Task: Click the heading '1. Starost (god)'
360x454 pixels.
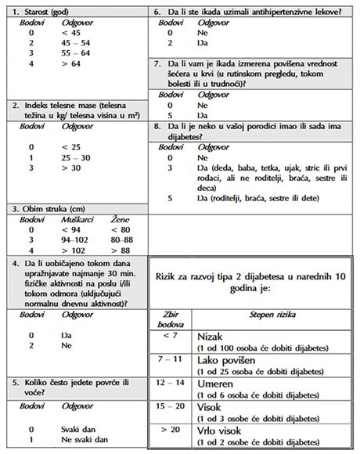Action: pos(41,13)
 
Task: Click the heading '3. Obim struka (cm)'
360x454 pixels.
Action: pos(48,209)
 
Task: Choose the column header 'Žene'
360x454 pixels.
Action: pos(121,220)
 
